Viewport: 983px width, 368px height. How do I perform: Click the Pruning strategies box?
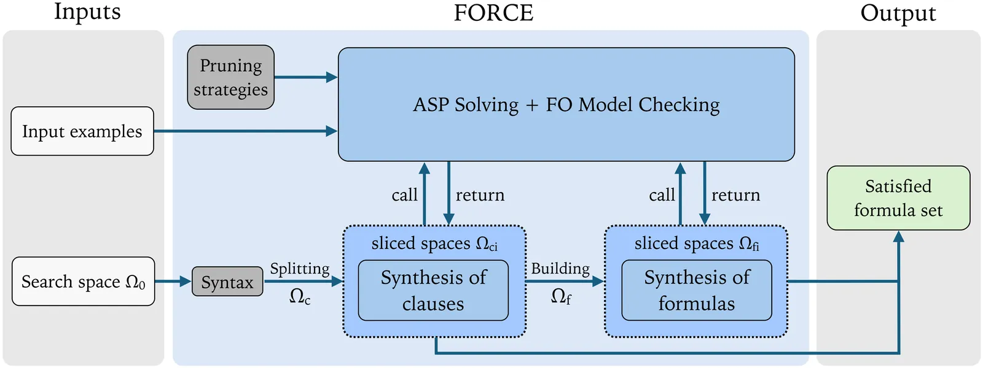pyautogui.click(x=230, y=77)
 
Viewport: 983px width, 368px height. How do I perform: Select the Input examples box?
pyautogui.click(x=82, y=131)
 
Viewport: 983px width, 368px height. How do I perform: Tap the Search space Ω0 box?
pyautogui.click(x=83, y=282)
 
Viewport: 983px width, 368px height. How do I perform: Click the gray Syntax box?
pyautogui.click(x=227, y=282)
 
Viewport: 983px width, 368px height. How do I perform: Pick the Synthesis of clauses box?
pyautogui.click(x=433, y=290)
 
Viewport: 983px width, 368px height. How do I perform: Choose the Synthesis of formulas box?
pyautogui.click(x=697, y=290)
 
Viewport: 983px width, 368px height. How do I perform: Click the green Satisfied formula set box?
pyautogui.click(x=898, y=198)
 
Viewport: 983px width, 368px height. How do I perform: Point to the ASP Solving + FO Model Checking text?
pyautogui.click(x=566, y=105)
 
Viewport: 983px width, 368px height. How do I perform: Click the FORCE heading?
pyautogui.click(x=493, y=13)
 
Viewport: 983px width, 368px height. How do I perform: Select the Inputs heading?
pyautogui.click(x=87, y=12)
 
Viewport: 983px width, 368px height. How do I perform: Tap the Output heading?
pyautogui.click(x=898, y=13)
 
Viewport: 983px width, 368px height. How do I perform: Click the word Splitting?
pyautogui.click(x=300, y=269)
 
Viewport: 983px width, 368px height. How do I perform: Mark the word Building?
pyautogui.click(x=560, y=269)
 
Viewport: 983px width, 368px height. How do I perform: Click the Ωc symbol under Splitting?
pyautogui.click(x=300, y=297)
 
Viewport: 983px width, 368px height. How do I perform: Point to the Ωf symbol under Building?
pyautogui.click(x=561, y=297)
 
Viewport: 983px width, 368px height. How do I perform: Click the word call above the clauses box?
pyautogui.click(x=404, y=195)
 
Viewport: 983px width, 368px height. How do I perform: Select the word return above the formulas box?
pyautogui.click(x=735, y=195)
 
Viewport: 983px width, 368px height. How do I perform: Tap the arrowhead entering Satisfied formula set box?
pyautogui.click(x=898, y=237)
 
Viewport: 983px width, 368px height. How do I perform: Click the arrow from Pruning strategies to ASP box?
pyautogui.click(x=305, y=77)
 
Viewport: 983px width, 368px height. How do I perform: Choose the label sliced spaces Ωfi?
pyautogui.click(x=697, y=243)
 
